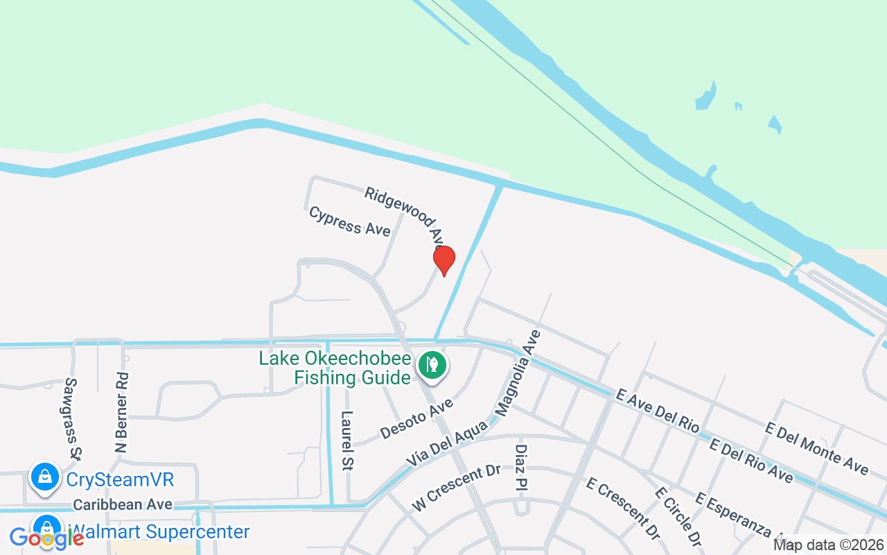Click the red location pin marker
444,261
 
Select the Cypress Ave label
350,221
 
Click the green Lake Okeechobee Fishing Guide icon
432,364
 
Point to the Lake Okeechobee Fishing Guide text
335,368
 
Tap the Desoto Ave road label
416,418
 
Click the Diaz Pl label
521,468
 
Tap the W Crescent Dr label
456,488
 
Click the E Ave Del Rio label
657,411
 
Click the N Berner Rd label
122,413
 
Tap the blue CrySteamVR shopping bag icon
45,478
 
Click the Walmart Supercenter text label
160,532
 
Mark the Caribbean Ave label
123,504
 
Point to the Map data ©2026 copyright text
828,545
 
